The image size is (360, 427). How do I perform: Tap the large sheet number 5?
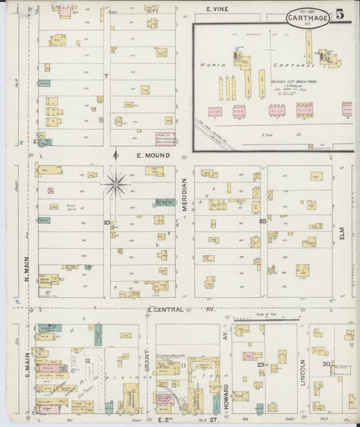tap(338, 13)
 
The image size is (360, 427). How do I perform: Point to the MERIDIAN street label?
tap(184, 195)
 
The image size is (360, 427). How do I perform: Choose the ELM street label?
tap(352, 239)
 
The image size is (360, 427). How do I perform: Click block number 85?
tap(262, 220)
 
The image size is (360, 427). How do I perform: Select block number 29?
tap(259, 365)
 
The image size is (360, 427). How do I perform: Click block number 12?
tap(88, 361)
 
